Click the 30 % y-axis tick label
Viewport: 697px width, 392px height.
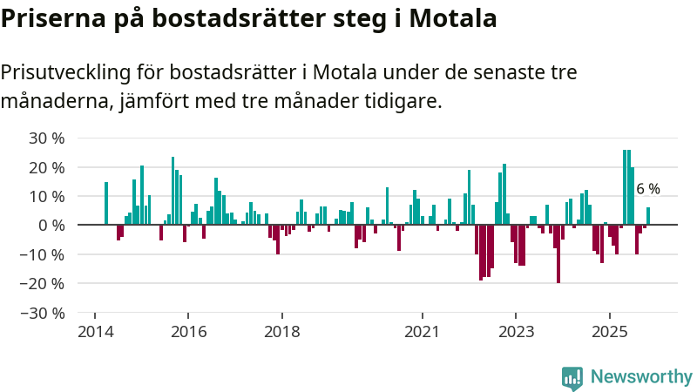click(x=47, y=138)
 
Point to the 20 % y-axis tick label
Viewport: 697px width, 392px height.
click(x=47, y=166)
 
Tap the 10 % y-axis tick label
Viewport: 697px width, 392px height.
click(x=47, y=196)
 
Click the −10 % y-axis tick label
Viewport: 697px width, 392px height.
click(x=44, y=254)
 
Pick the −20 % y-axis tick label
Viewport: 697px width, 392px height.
click(x=44, y=283)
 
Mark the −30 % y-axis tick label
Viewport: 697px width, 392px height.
click(x=44, y=312)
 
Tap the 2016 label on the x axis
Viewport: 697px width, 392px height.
click(x=188, y=332)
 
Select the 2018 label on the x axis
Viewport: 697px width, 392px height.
click(x=281, y=332)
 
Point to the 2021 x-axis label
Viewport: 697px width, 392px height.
click(x=423, y=332)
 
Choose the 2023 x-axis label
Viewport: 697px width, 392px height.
click(x=516, y=332)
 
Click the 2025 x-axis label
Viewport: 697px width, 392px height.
click(x=610, y=332)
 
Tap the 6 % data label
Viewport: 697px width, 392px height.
click(x=647, y=189)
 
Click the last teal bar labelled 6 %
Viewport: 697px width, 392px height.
click(x=648, y=216)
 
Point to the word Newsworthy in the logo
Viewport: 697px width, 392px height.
click(x=641, y=377)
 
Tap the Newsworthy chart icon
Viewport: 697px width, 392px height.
click(x=572, y=377)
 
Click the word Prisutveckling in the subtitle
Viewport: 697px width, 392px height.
click(x=80, y=71)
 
